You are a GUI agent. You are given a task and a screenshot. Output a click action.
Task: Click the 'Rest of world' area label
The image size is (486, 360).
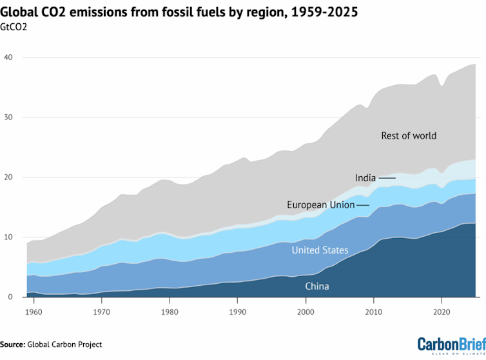pos(409,135)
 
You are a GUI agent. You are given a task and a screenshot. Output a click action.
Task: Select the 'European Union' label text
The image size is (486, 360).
pos(320,205)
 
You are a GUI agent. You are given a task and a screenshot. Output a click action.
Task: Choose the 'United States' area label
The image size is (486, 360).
pos(320,250)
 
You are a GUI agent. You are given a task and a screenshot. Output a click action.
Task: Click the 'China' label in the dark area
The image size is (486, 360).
pos(316,286)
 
